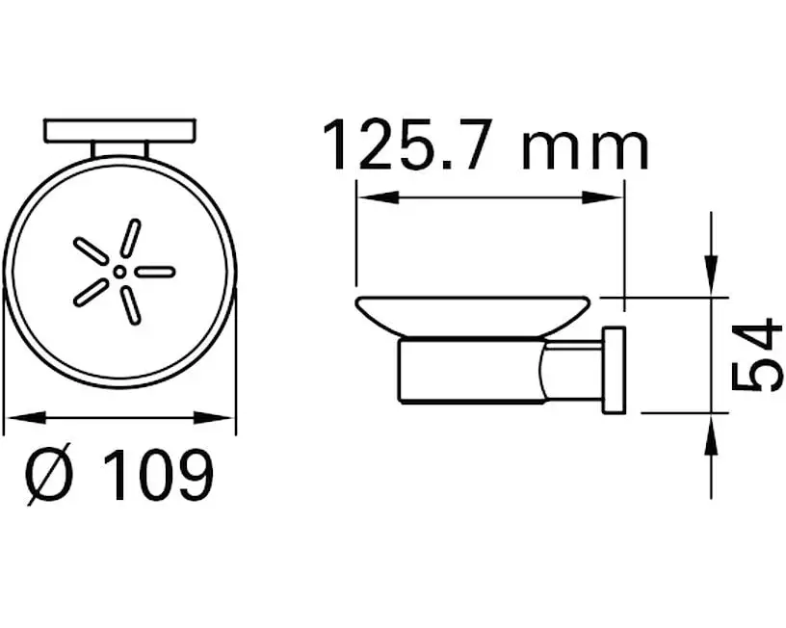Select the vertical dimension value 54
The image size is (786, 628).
click(758, 354)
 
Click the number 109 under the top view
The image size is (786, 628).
click(158, 473)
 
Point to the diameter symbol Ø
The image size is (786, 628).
click(49, 474)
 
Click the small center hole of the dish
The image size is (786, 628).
click(118, 272)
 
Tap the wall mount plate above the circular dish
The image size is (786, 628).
click(120, 130)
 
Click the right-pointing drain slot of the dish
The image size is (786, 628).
click(155, 272)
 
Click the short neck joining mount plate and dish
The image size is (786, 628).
click(120, 149)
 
